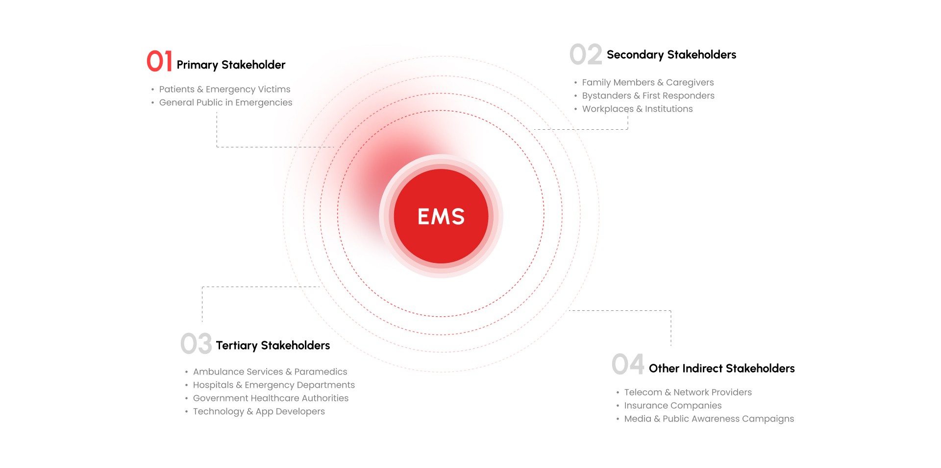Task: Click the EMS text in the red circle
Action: click(x=441, y=216)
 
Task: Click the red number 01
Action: click(x=159, y=61)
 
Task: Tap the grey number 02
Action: click(x=586, y=54)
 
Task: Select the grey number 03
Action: click(x=196, y=344)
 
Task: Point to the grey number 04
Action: click(x=628, y=364)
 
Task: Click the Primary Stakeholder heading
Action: click(x=231, y=65)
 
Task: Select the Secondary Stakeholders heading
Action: click(x=671, y=54)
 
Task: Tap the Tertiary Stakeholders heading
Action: click(x=273, y=345)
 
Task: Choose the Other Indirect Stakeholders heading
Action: click(x=721, y=368)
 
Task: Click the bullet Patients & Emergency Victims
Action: click(x=224, y=89)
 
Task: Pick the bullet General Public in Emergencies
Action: click(x=225, y=102)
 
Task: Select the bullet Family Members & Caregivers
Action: click(x=647, y=82)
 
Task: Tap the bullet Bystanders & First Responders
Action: click(x=648, y=95)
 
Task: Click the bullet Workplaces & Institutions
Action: click(x=637, y=109)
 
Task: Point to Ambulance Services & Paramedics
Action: click(x=270, y=372)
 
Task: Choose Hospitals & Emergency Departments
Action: click(x=273, y=385)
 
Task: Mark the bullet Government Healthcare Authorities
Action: click(x=271, y=398)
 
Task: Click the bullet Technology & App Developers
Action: click(x=259, y=411)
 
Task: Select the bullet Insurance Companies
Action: click(x=672, y=405)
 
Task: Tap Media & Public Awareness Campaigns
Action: click(x=709, y=419)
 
